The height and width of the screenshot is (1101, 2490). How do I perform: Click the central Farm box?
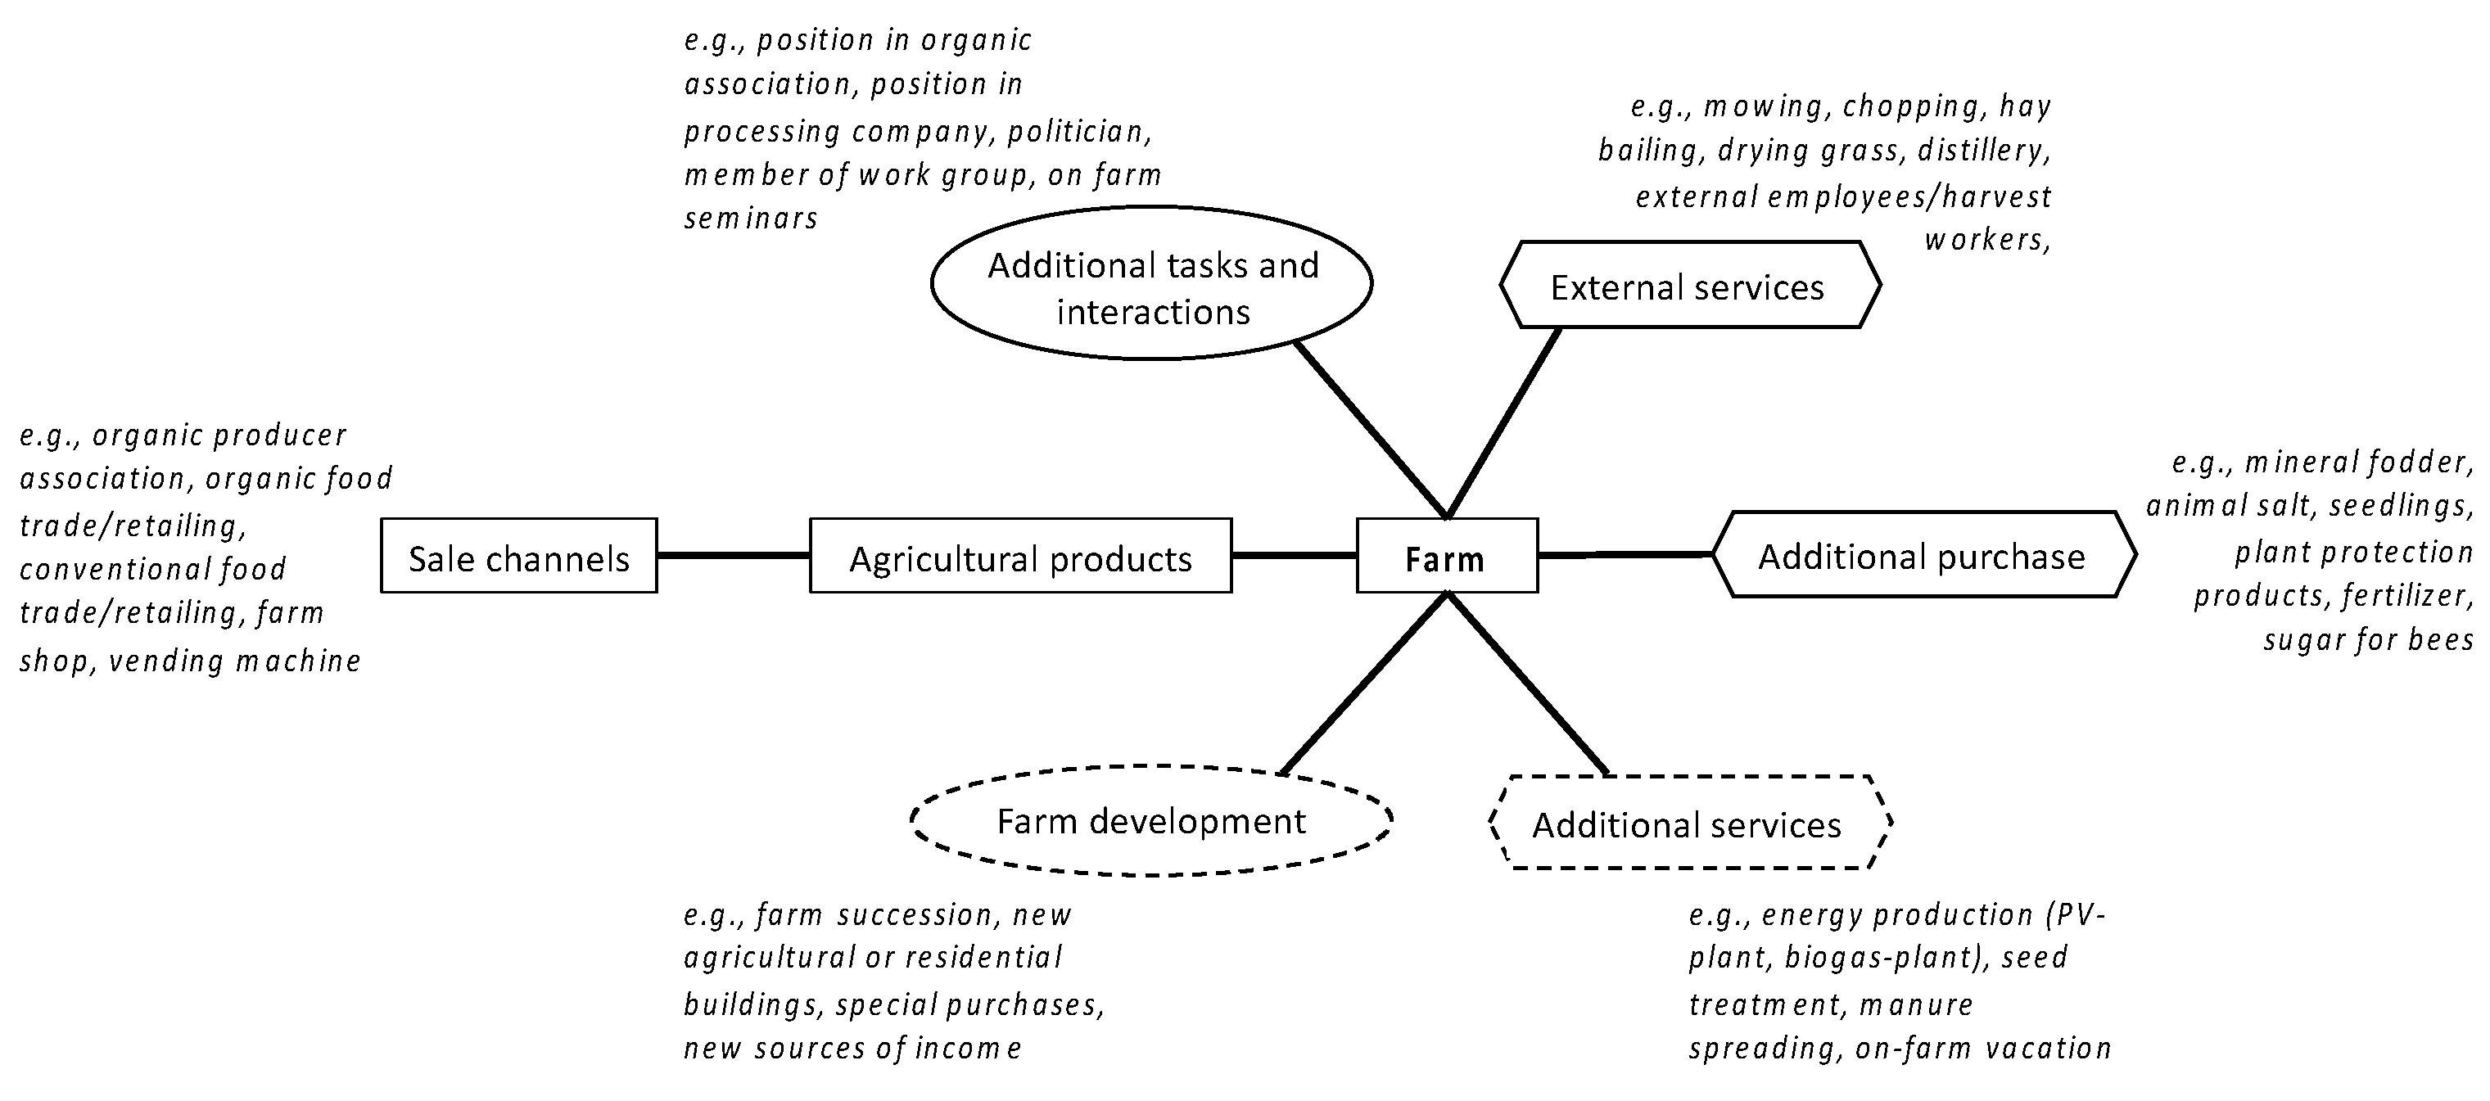(1446, 556)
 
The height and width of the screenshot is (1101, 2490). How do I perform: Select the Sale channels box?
(518, 556)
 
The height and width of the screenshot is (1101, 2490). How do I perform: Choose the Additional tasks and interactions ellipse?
(1151, 283)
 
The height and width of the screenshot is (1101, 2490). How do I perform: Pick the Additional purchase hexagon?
(1923, 555)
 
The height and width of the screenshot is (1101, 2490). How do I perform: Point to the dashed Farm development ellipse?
(1150, 821)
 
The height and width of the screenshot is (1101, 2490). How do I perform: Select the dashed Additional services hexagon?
(1688, 823)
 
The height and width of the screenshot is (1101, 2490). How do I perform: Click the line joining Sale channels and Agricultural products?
(733, 556)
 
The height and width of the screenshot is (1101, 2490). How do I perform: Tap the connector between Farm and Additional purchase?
(1624, 555)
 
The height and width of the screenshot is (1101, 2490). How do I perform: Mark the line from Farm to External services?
(1504, 422)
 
